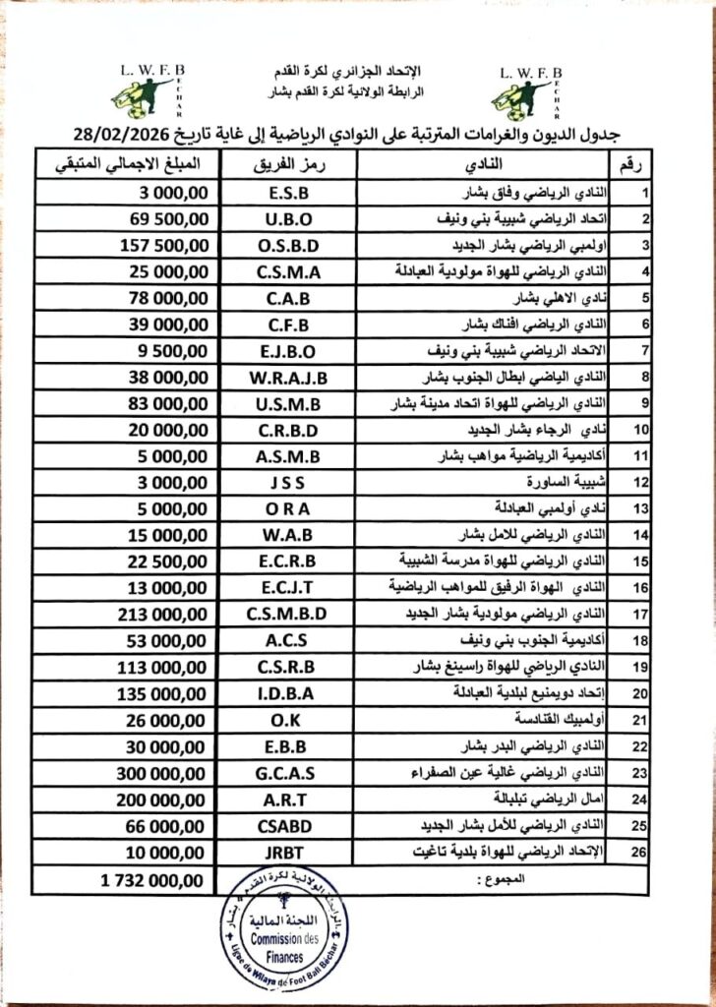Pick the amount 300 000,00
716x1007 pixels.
point(159,772)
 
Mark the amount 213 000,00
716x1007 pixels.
point(159,614)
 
